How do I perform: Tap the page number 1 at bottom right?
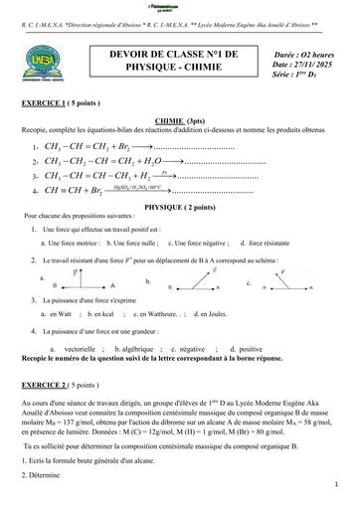coord(338,484)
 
